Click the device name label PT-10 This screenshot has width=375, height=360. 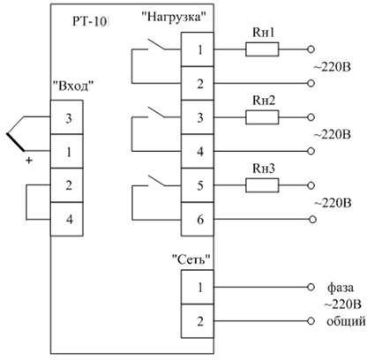pyautogui.click(x=91, y=22)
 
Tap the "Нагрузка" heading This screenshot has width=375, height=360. pyautogui.click(x=173, y=17)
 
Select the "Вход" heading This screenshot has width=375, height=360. pyautogui.click(x=73, y=86)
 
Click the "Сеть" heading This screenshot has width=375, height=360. pyautogui.click(x=191, y=259)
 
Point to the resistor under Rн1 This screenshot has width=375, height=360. pyautogui.click(x=262, y=49)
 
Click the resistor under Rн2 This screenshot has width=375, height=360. pyautogui.click(x=262, y=117)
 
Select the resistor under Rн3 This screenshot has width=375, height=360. pyautogui.click(x=262, y=185)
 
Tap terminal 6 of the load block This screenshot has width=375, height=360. pyautogui.click(x=198, y=219)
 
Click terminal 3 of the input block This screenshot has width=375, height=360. pyautogui.click(x=67, y=117)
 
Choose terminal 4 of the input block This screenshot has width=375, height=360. pyautogui.click(x=67, y=219)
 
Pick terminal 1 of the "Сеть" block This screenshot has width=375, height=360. pyautogui.click(x=198, y=287)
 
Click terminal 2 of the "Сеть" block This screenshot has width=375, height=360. pyautogui.click(x=198, y=321)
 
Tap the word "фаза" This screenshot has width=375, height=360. pyautogui.click(x=341, y=288)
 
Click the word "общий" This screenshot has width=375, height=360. pyautogui.click(x=346, y=321)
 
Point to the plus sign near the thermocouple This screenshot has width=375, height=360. pyautogui.click(x=29, y=161)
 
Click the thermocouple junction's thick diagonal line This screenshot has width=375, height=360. pyautogui.click(x=15, y=142)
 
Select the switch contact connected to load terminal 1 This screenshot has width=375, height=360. pyautogui.click(x=156, y=44)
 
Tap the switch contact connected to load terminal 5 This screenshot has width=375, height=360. pyautogui.click(x=156, y=181)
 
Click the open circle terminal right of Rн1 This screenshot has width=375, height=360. pyautogui.click(x=311, y=49)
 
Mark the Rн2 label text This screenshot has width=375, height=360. pyautogui.click(x=264, y=101)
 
